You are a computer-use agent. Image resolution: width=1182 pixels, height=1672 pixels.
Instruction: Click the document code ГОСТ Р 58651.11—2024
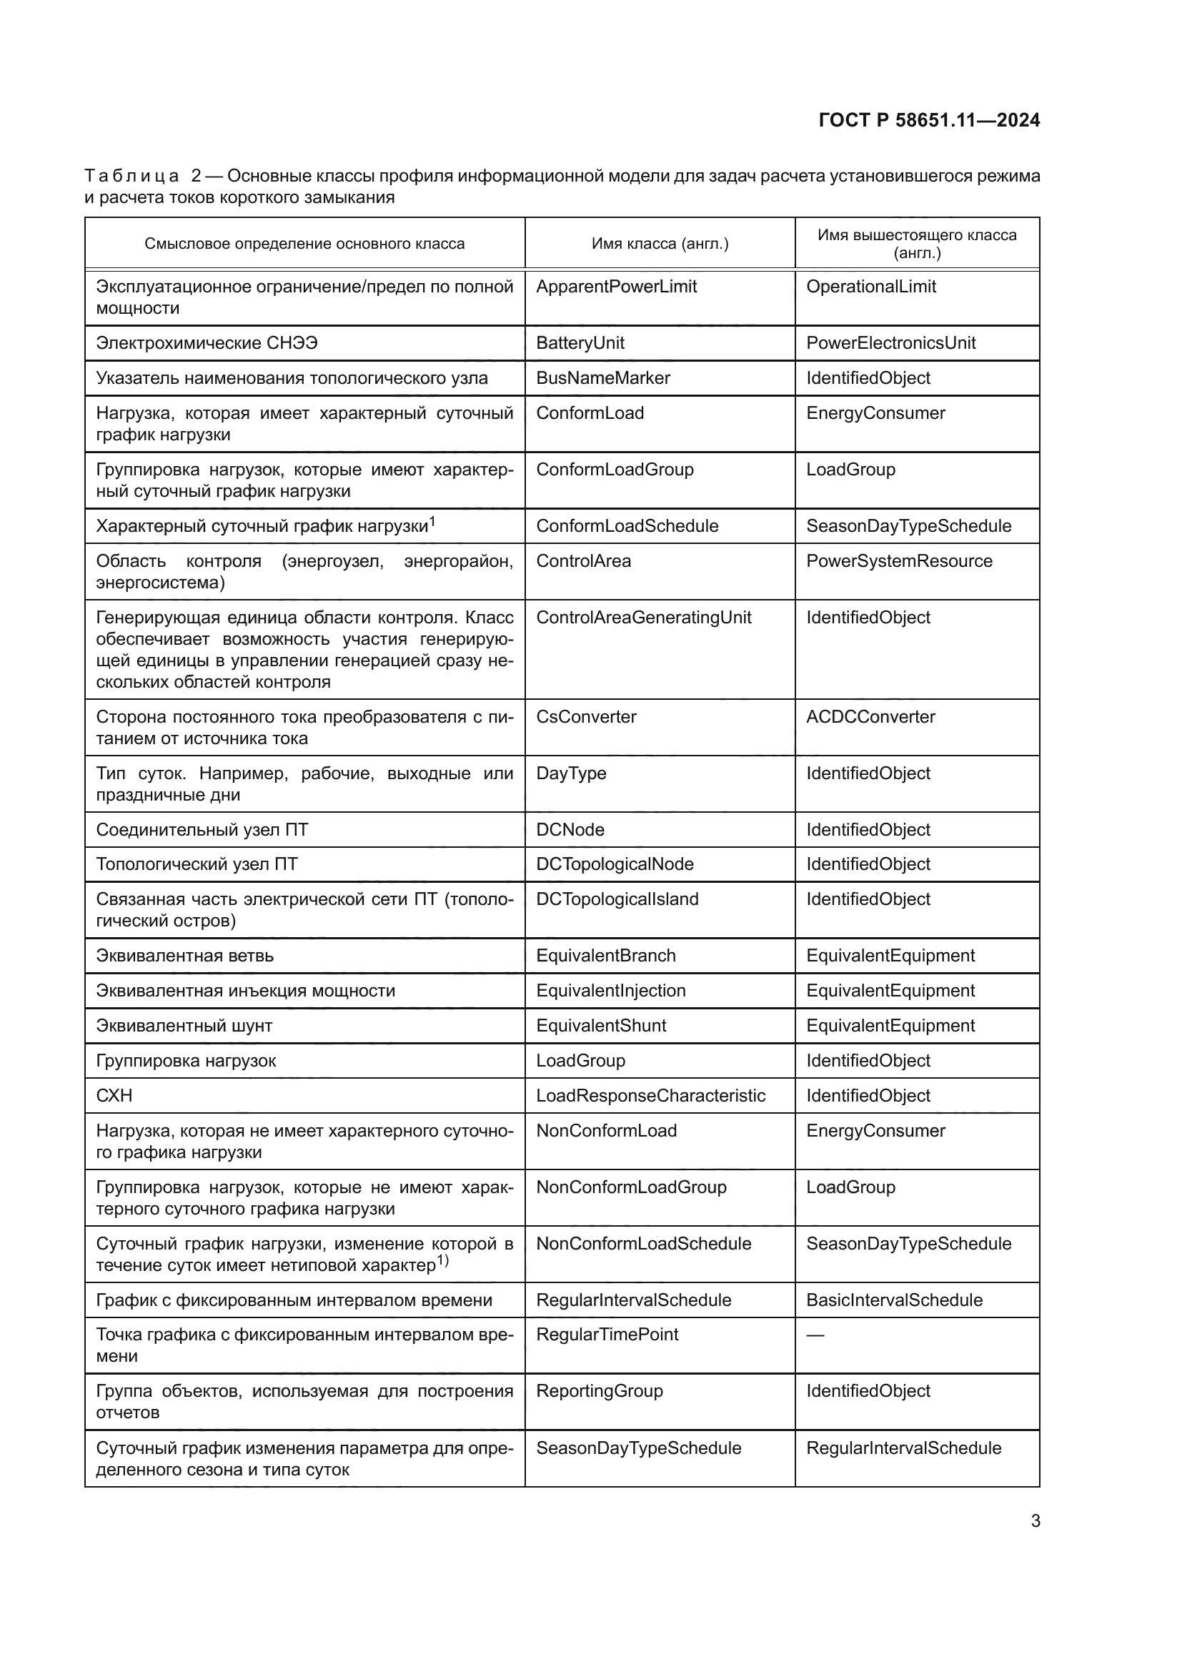click(x=929, y=120)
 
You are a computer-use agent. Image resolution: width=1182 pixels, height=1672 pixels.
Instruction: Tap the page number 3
click(x=1035, y=1520)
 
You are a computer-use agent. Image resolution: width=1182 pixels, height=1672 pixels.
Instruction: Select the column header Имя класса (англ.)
click(x=660, y=244)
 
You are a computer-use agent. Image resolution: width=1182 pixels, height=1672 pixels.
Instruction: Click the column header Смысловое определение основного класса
click(x=304, y=244)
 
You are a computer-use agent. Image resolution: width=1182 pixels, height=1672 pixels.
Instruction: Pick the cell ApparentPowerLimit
click(x=616, y=287)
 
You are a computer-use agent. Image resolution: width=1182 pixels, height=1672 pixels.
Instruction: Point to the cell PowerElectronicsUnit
click(x=890, y=343)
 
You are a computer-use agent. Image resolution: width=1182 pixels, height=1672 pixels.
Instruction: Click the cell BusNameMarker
click(x=602, y=378)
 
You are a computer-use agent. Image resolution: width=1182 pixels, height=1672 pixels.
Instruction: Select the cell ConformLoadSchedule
click(x=627, y=526)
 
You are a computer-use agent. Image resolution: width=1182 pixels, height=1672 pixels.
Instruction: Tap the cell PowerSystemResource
click(x=899, y=560)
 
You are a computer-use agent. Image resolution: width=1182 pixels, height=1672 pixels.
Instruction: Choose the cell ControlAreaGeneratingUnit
click(x=643, y=618)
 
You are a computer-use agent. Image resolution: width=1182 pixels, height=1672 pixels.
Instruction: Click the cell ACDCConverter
click(x=870, y=716)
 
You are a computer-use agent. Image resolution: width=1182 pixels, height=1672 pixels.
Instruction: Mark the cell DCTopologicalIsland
click(x=617, y=899)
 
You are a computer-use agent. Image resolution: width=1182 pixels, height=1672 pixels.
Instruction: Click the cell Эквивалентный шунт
click(x=184, y=1025)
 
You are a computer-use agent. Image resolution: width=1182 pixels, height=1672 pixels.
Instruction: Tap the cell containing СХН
click(x=114, y=1095)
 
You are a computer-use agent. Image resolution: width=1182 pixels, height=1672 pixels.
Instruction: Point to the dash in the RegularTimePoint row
click(x=815, y=1335)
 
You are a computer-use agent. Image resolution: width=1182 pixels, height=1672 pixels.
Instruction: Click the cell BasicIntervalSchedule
click(x=894, y=1300)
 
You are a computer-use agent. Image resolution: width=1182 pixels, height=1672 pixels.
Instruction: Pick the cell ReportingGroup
click(x=599, y=1391)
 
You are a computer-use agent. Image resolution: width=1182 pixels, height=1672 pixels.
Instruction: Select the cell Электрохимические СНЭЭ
click(x=207, y=343)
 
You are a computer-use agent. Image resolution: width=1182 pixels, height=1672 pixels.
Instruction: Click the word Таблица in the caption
click(x=131, y=176)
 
